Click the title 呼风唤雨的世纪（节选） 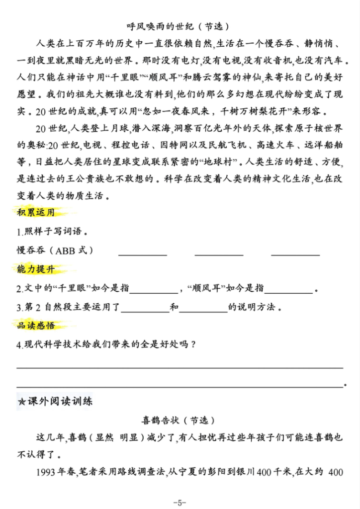[x=180, y=25]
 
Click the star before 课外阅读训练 [x=21, y=402]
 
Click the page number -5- [x=180, y=502]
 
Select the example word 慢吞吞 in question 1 [x=33, y=250]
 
